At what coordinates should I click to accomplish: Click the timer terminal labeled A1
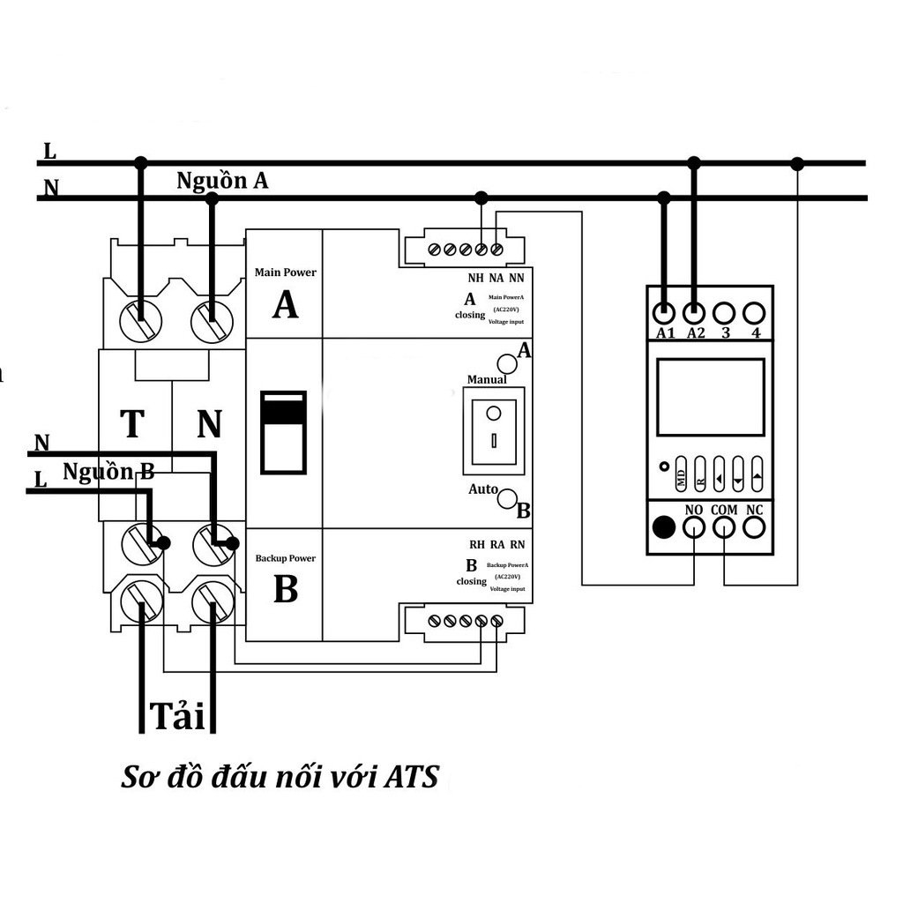click(x=664, y=312)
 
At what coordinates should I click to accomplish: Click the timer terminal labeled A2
click(x=694, y=312)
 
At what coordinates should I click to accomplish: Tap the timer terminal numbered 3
click(x=724, y=312)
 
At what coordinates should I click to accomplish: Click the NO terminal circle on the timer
click(x=694, y=527)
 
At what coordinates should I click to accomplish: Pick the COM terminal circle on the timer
click(x=724, y=527)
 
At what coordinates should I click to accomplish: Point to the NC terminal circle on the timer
click(x=754, y=527)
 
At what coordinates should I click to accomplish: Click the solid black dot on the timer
click(x=664, y=527)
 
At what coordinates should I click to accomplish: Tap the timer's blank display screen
click(x=710, y=397)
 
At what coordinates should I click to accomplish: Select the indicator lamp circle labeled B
click(x=508, y=500)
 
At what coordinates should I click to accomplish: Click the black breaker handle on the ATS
click(x=283, y=432)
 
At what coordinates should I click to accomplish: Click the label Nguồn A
click(x=222, y=181)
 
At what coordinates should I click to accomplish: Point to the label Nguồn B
click(x=108, y=472)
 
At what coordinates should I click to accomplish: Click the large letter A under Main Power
click(x=285, y=305)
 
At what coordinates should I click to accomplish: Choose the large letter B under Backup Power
click(x=285, y=590)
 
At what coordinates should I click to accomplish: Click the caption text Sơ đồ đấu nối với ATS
click(x=280, y=779)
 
